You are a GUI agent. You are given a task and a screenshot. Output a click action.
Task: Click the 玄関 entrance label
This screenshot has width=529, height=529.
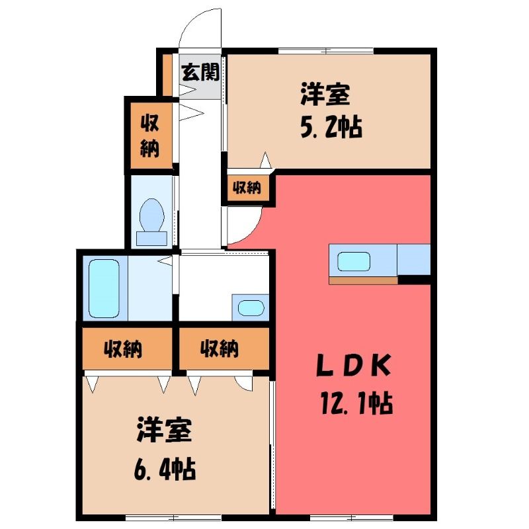point(200,72)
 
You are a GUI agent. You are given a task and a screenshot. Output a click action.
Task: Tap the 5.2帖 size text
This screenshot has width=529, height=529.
point(331,127)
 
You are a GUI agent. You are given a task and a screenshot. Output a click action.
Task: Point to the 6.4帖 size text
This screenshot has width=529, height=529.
point(165,469)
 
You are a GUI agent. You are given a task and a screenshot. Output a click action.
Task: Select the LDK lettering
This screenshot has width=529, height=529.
point(354,365)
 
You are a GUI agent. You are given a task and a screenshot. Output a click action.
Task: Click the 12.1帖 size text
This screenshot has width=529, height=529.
point(356,403)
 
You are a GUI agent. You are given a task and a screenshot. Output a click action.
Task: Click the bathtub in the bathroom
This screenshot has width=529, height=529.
point(104,288)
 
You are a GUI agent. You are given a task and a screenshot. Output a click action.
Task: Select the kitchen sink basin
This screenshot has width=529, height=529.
point(354,261)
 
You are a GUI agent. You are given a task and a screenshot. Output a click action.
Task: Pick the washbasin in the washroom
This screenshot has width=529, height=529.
point(251,307)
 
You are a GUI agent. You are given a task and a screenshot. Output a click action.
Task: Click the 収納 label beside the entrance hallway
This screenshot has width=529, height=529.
point(150,136)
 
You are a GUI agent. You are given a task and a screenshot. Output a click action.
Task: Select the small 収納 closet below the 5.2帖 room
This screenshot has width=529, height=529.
point(247,188)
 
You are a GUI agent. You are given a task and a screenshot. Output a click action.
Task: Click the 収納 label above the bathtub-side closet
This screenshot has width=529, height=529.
point(123,349)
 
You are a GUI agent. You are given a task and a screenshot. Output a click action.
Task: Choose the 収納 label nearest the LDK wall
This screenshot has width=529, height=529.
point(220,349)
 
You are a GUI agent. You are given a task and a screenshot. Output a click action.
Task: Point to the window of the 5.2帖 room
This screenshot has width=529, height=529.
point(326,52)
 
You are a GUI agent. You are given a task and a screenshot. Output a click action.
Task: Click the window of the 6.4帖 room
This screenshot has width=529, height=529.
point(173,518)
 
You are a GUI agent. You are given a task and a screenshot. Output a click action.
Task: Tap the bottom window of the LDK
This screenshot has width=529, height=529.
point(351,518)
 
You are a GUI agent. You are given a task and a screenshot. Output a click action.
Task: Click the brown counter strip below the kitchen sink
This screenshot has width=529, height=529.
point(363,280)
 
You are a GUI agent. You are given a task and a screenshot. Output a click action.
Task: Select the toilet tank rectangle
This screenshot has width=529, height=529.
point(151,239)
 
